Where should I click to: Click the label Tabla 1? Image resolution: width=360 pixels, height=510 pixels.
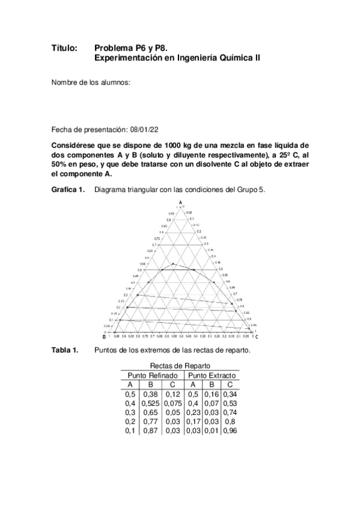click(65, 351)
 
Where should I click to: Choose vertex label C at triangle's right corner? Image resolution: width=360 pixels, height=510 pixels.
click(256, 336)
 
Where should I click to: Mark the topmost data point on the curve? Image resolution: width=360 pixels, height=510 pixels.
click(173, 264)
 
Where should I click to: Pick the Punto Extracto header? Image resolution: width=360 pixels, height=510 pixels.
click(212, 375)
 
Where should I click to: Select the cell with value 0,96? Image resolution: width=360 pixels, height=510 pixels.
click(230, 431)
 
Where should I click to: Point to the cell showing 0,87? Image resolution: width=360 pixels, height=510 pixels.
click(151, 431)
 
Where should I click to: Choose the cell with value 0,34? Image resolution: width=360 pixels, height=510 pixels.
click(230, 394)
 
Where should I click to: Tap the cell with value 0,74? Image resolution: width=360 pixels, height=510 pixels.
click(230, 413)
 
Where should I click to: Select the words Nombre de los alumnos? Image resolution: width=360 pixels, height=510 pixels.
click(91, 82)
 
